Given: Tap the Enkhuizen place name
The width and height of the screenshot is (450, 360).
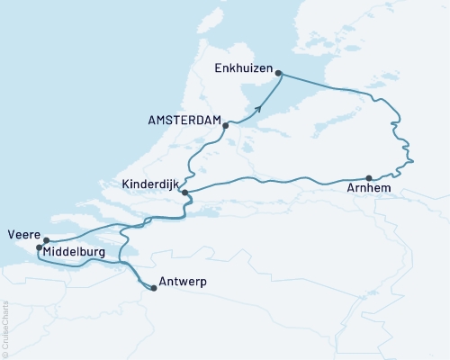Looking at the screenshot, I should point(243,68).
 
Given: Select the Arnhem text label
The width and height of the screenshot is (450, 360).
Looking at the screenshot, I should point(366,190).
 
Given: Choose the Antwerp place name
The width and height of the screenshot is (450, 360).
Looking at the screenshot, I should point(182,283).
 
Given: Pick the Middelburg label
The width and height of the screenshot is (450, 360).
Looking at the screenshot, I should point(76,253).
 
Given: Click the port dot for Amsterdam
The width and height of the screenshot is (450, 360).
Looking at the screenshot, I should point(225,126).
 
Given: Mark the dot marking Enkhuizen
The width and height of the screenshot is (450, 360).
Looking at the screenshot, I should point(278,73).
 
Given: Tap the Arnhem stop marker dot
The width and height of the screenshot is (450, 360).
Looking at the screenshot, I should point(369,177).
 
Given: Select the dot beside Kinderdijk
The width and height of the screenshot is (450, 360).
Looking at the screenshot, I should point(184,193).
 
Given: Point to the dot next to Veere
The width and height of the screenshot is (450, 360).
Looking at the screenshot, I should point(45,240).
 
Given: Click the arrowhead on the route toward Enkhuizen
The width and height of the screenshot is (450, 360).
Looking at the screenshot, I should point(258,109).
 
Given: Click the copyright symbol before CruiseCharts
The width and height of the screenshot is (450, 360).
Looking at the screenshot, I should point(4,355).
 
